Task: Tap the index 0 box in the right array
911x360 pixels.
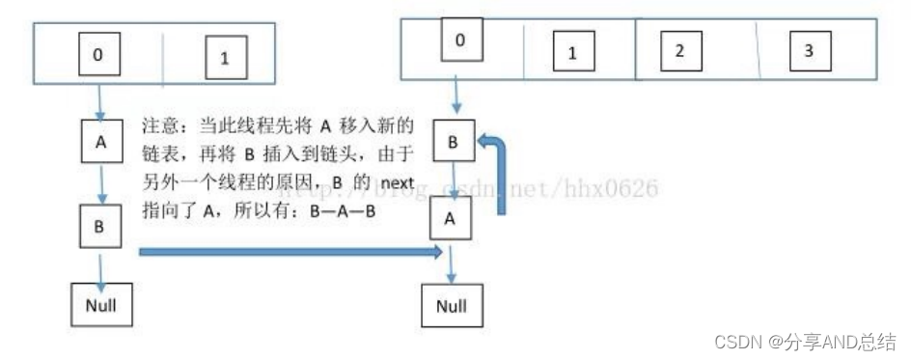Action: [459, 39]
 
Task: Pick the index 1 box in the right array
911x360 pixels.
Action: [571, 52]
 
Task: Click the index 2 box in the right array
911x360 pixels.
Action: [679, 50]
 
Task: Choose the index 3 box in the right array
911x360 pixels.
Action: [809, 50]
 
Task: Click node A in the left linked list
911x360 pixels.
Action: [99, 139]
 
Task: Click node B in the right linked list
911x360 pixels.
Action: [452, 141]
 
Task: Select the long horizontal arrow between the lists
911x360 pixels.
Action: [290, 253]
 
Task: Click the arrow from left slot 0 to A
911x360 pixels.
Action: [99, 98]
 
